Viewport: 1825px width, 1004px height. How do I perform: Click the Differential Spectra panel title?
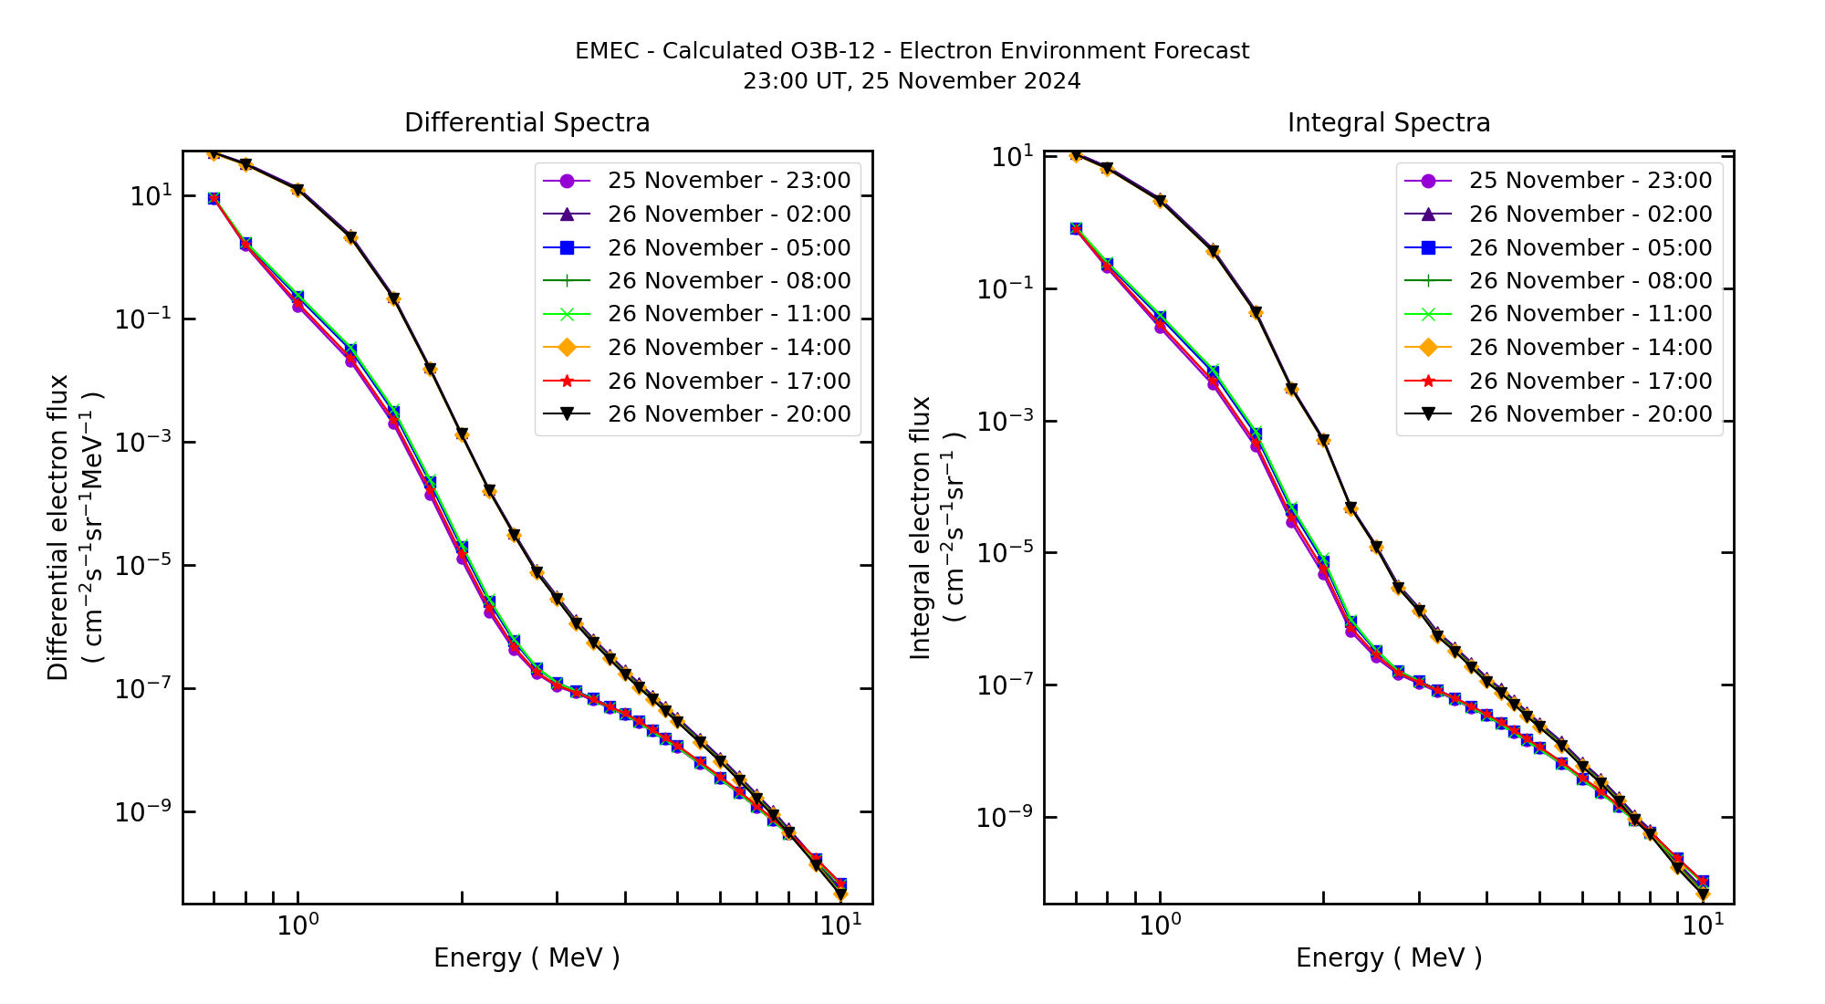point(527,123)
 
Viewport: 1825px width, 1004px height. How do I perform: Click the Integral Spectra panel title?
point(1388,123)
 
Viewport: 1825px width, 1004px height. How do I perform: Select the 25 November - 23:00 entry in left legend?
point(728,181)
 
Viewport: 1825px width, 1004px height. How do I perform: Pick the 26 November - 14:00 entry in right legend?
point(1590,348)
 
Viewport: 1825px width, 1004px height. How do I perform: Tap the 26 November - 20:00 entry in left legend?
point(728,414)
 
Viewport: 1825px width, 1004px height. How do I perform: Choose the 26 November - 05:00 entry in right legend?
point(1590,248)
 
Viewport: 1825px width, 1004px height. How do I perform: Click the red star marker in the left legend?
point(567,381)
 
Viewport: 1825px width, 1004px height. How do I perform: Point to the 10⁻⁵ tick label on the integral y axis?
point(1005,553)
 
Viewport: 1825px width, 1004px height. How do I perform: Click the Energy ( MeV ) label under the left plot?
point(527,958)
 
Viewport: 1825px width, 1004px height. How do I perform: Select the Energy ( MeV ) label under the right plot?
point(1388,958)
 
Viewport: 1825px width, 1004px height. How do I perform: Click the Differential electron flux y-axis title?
point(59,528)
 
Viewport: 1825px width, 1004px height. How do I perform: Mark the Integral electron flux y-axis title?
point(921,528)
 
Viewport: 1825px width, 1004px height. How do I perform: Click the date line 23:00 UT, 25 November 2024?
point(912,81)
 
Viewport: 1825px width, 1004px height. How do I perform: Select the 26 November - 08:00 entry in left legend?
point(728,281)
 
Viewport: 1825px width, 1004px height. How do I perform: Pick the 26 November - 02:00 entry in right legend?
point(1590,214)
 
